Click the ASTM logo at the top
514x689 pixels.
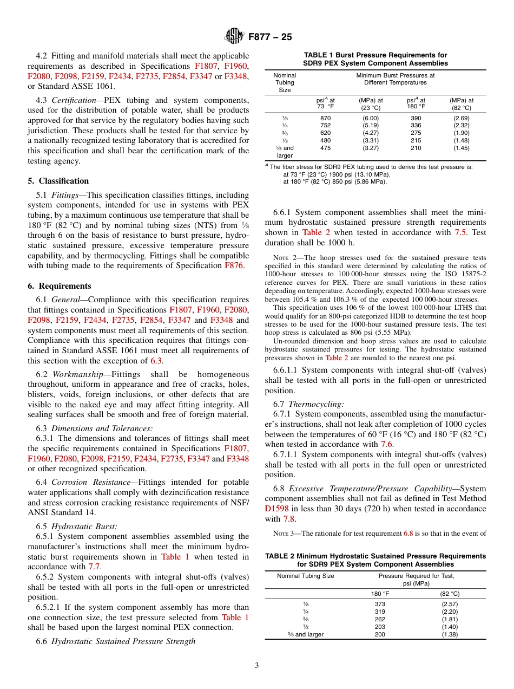234,36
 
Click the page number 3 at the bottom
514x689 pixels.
257,666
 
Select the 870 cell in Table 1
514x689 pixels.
325,118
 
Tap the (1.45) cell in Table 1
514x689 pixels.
462,148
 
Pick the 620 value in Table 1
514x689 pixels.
325,133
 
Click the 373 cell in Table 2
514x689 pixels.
380,604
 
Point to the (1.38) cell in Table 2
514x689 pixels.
449,634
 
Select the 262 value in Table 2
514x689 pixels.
380,619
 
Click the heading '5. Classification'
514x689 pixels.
58,181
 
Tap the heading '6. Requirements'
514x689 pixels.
60,286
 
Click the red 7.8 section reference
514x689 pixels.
289,519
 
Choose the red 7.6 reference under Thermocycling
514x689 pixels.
386,444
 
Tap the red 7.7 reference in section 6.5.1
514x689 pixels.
94,567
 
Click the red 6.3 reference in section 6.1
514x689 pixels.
155,361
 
